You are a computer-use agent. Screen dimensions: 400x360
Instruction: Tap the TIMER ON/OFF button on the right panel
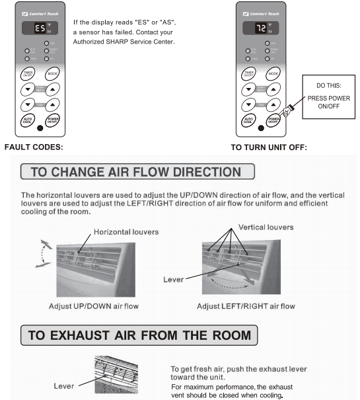pos(249,73)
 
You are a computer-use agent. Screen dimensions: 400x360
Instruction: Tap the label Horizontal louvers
pos(126,232)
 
